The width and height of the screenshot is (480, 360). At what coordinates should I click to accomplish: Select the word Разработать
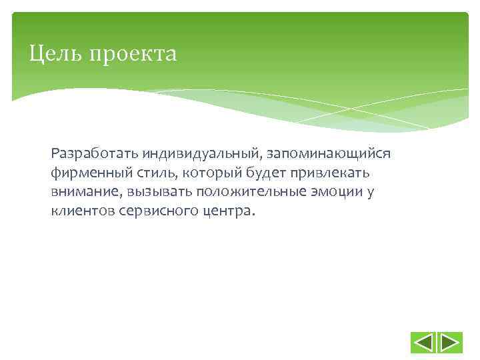(x=89, y=154)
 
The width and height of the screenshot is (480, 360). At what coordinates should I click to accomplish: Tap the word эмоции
(x=339, y=193)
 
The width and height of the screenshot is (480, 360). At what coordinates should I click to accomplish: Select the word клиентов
(x=81, y=212)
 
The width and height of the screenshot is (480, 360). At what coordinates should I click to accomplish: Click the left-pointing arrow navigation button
(x=423, y=343)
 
